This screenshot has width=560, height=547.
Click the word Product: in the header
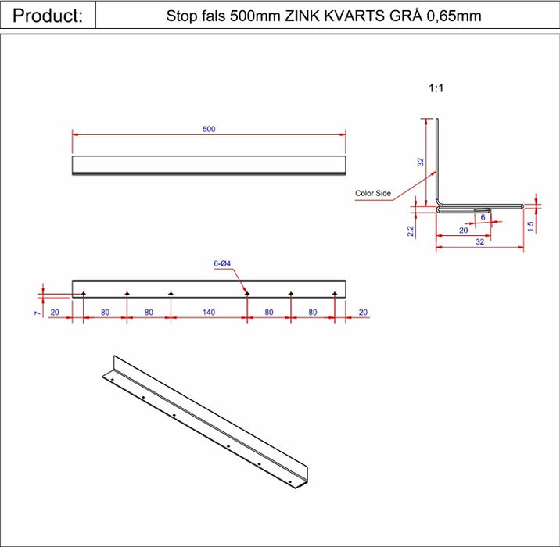click(48, 16)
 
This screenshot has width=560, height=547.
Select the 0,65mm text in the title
click(454, 16)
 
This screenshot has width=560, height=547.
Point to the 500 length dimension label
click(209, 129)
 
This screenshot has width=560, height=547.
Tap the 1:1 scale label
click(436, 88)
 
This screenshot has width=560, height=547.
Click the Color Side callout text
click(373, 193)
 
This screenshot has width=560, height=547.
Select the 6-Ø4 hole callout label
click(222, 263)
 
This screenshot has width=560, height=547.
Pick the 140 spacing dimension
click(209, 313)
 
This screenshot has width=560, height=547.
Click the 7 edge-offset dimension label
click(37, 313)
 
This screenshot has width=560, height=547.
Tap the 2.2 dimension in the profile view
click(411, 231)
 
